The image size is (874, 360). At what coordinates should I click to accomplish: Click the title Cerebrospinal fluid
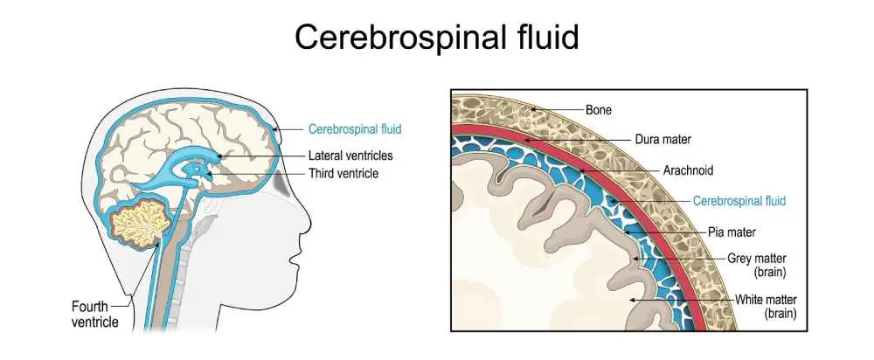click(436, 37)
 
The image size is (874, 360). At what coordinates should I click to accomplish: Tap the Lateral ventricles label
click(350, 156)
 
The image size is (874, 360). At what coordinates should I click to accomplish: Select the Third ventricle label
click(343, 174)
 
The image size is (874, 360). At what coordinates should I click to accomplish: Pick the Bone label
click(598, 110)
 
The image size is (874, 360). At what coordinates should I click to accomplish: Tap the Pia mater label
click(732, 232)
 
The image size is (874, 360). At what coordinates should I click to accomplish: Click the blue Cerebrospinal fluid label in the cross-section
click(739, 201)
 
